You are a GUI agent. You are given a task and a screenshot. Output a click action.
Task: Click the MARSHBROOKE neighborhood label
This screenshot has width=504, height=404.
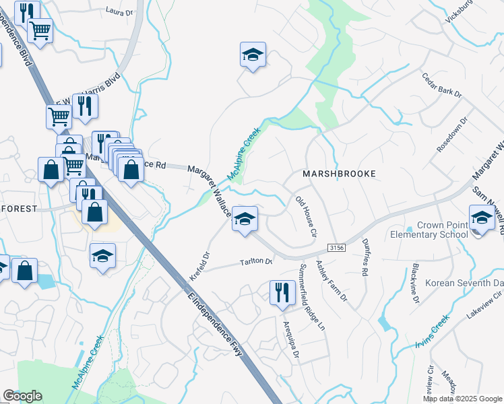(x=338, y=173)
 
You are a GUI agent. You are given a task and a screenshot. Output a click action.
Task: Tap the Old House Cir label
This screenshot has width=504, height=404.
(x=306, y=217)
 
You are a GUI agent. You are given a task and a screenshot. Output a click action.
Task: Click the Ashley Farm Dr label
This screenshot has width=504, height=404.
(x=330, y=281)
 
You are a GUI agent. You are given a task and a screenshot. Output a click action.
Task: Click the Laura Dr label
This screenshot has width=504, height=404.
(x=121, y=11)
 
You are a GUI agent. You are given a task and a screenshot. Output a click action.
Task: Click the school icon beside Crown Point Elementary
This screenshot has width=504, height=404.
(x=482, y=220)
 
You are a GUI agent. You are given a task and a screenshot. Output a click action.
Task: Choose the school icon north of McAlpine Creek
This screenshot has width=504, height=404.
(x=253, y=56)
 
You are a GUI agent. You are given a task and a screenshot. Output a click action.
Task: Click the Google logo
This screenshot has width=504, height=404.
(x=22, y=396)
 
